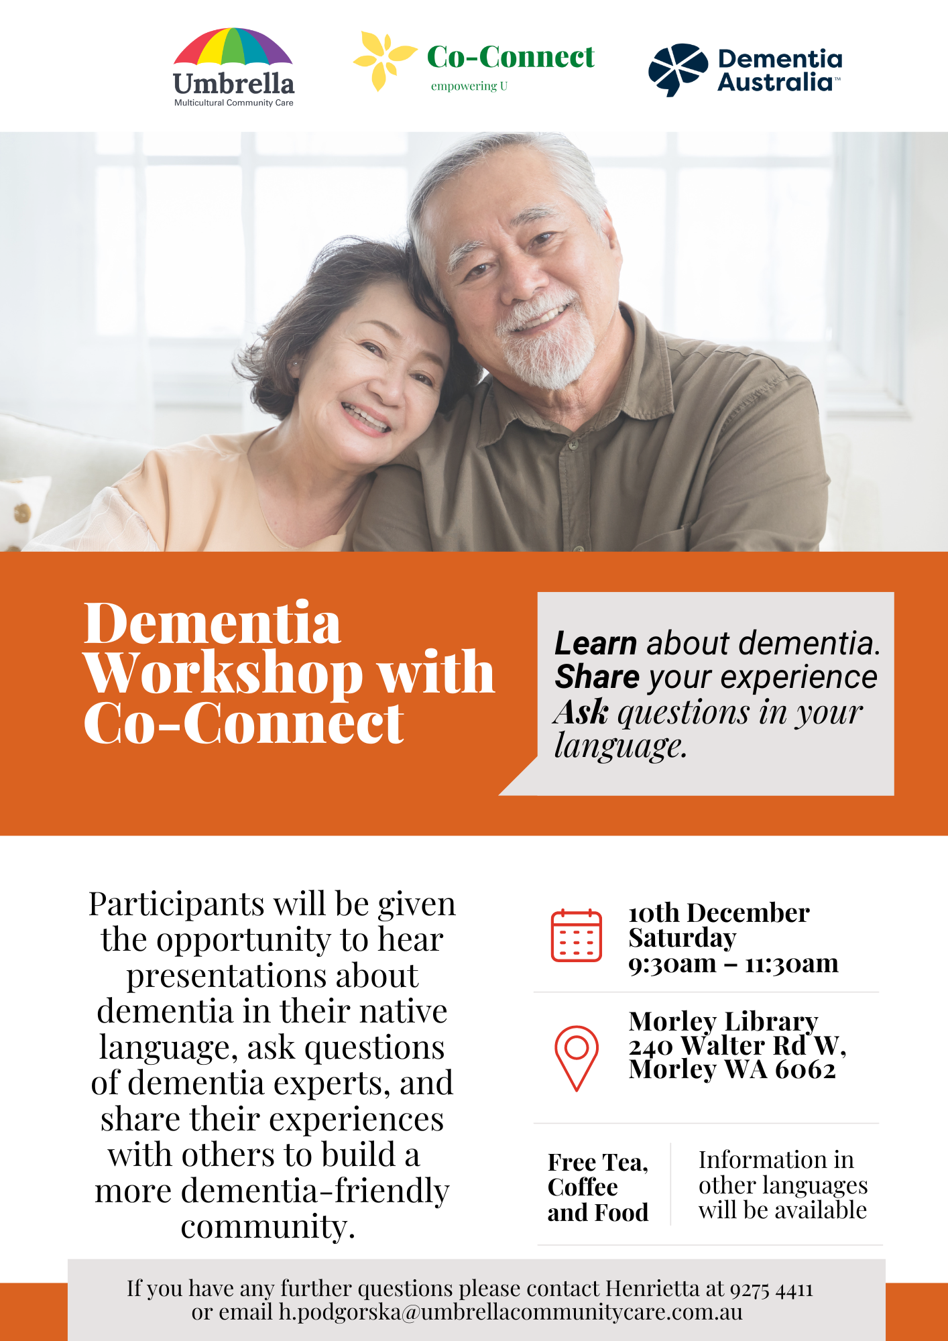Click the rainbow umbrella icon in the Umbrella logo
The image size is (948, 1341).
point(233,47)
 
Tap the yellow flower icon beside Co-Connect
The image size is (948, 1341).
point(383,60)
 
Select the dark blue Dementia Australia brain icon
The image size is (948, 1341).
point(678,70)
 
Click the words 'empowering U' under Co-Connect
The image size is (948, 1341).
point(469,86)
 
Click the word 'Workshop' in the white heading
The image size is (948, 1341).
point(224,673)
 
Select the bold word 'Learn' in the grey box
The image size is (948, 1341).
point(595,643)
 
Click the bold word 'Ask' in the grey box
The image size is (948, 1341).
point(581,711)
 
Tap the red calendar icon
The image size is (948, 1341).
point(576,935)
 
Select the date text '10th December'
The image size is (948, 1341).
point(719,913)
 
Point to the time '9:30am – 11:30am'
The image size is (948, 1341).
point(733,964)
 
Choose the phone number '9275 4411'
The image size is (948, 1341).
point(771,1289)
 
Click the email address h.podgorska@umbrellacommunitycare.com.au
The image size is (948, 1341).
point(511,1312)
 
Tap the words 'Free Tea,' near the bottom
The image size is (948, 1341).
point(598,1162)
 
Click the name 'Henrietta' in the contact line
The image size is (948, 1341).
point(652,1288)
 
